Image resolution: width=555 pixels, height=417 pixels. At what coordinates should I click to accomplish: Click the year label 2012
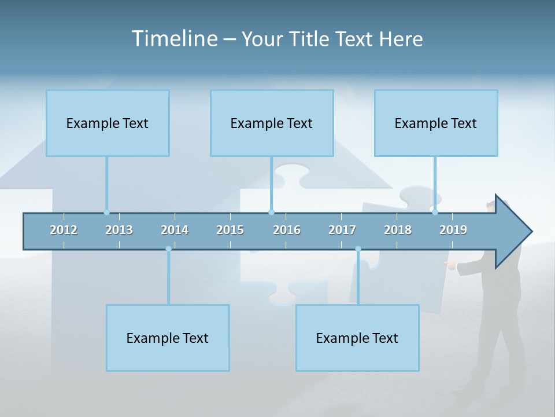click(x=64, y=230)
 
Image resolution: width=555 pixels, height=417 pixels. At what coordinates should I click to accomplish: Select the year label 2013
click(x=119, y=230)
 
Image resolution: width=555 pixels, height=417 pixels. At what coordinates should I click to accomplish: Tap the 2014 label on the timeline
click(x=175, y=230)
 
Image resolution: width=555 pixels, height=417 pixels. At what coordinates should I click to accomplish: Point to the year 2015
click(x=230, y=230)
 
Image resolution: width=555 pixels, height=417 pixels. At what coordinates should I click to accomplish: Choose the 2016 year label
click(x=287, y=230)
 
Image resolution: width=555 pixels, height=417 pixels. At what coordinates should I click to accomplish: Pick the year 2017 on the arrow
click(x=342, y=230)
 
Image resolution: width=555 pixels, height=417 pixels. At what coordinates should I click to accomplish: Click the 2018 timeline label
click(x=398, y=230)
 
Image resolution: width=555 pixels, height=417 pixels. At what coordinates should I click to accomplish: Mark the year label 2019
click(x=453, y=230)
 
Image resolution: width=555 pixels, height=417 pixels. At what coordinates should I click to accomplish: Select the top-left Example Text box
click(x=108, y=123)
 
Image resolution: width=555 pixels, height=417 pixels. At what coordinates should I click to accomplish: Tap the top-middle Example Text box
click(x=272, y=123)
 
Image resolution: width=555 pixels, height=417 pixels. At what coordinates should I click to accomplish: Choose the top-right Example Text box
click(x=436, y=123)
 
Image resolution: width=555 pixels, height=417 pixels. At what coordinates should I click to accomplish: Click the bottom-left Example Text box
click(x=168, y=338)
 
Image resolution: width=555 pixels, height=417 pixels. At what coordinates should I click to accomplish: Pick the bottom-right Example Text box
click(x=357, y=338)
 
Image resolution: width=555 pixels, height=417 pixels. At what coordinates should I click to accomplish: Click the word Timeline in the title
click(x=173, y=39)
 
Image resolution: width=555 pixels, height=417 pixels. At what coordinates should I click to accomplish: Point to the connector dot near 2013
click(x=106, y=213)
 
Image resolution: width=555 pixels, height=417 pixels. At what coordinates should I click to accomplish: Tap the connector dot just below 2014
click(x=168, y=249)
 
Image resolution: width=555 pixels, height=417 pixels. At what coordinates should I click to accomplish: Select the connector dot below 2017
click(x=358, y=249)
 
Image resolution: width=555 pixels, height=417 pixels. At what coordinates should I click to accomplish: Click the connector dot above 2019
click(x=435, y=213)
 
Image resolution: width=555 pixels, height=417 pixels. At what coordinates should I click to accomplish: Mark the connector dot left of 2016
click(x=271, y=213)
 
